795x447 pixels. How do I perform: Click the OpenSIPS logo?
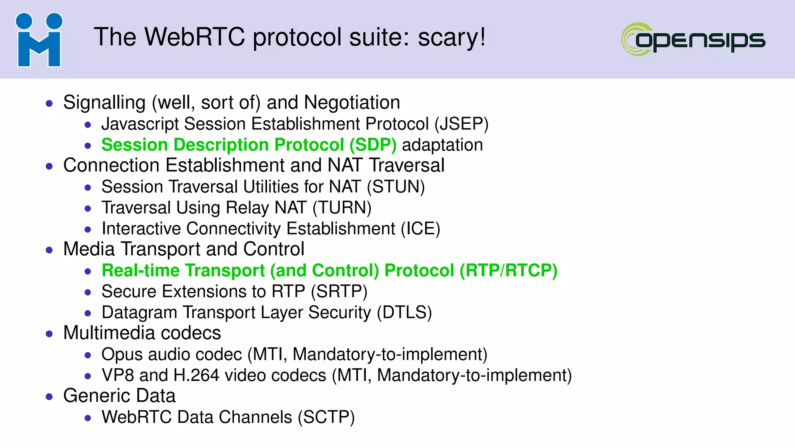click(x=693, y=39)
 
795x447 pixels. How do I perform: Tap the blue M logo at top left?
click(x=39, y=40)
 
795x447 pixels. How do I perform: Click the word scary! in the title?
click(x=451, y=37)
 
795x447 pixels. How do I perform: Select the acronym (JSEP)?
click(x=461, y=124)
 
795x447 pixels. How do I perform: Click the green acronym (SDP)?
click(x=373, y=145)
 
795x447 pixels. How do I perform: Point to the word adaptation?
click(x=443, y=145)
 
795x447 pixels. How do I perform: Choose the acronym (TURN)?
click(x=342, y=208)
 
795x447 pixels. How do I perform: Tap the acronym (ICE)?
click(x=420, y=229)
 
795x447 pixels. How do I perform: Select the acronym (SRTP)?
click(x=339, y=292)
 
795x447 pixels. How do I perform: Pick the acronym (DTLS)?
click(x=404, y=313)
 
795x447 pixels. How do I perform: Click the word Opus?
click(x=122, y=355)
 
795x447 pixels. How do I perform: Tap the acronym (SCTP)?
click(x=326, y=418)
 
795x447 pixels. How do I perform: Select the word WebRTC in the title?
click(x=195, y=37)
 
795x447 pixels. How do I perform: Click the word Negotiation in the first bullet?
click(x=352, y=103)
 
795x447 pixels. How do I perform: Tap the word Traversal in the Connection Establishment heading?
click(x=406, y=166)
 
